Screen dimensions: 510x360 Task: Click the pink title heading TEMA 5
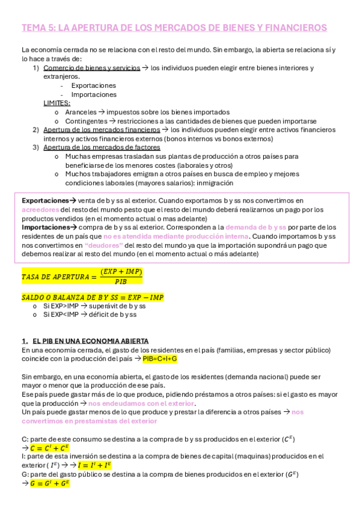coord(174,28)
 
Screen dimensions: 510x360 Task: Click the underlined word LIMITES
coord(56,103)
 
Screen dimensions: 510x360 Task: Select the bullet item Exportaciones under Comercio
coord(93,85)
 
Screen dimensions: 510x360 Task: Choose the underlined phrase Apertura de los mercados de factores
coord(102,147)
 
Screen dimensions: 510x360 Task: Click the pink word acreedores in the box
coord(40,209)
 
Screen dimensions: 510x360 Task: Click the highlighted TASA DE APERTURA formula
coord(82,276)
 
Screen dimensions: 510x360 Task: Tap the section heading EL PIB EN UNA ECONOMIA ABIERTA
coord(90,341)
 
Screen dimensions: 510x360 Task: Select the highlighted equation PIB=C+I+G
coord(159,358)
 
